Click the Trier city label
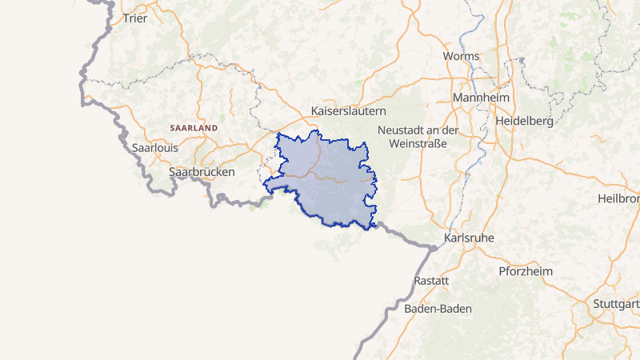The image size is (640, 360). (135, 18)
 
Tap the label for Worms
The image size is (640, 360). (462, 57)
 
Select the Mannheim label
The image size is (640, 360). (481, 98)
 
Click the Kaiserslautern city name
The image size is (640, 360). (349, 111)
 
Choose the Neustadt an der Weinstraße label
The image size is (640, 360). (417, 137)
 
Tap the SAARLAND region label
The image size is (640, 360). (194, 128)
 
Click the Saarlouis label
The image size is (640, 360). (155, 148)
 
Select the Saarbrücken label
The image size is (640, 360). (202, 172)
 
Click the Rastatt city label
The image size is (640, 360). (432, 282)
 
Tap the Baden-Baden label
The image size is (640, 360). (438, 309)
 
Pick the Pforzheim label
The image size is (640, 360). (526, 272)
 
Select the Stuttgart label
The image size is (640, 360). (617, 304)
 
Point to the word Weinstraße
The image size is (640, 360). (417, 144)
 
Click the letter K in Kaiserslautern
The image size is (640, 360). (315, 111)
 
